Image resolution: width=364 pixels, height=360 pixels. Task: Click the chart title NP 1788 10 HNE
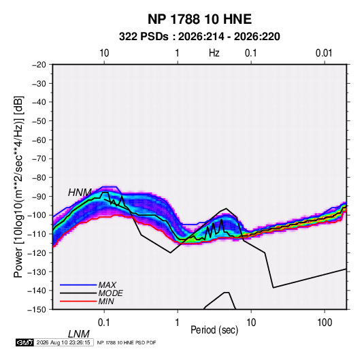199,19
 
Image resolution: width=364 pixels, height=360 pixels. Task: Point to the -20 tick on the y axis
39,65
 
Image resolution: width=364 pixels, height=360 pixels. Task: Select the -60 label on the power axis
39,140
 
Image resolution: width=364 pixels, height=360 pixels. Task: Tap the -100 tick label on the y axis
37,215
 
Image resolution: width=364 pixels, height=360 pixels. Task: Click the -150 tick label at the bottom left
37,310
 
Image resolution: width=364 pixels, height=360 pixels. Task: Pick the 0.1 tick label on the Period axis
104,323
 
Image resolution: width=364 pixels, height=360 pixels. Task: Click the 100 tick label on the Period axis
325,323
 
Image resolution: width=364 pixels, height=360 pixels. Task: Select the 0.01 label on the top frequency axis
324,53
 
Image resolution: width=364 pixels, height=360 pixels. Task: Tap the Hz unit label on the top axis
214,53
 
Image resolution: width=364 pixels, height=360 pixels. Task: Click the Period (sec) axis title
214,330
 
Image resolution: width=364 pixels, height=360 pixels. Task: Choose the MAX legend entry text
107,285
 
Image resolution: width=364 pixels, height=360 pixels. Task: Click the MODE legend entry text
110,293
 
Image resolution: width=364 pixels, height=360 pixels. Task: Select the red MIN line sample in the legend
78,301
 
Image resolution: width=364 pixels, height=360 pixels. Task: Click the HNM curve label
80,193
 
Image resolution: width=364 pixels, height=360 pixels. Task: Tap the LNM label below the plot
79,334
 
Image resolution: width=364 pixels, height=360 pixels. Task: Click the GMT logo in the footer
25,342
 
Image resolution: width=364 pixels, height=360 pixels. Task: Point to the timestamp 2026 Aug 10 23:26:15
63,342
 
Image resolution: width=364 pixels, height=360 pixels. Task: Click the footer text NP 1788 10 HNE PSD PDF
127,342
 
